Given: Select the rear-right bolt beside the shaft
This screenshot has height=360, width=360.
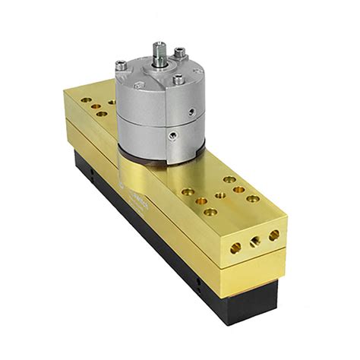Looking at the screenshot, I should (x=179, y=52).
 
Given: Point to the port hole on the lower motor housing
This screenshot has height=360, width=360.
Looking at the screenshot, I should (x=173, y=137).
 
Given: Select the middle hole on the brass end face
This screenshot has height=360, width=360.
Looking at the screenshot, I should (x=255, y=241).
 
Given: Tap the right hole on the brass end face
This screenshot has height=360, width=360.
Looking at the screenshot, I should (x=273, y=235).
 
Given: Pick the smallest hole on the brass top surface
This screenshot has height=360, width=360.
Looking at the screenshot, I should (x=219, y=194).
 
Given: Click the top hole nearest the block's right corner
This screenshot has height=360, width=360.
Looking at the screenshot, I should (x=253, y=198).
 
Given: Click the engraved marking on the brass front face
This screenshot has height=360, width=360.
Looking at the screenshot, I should (x=140, y=200).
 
